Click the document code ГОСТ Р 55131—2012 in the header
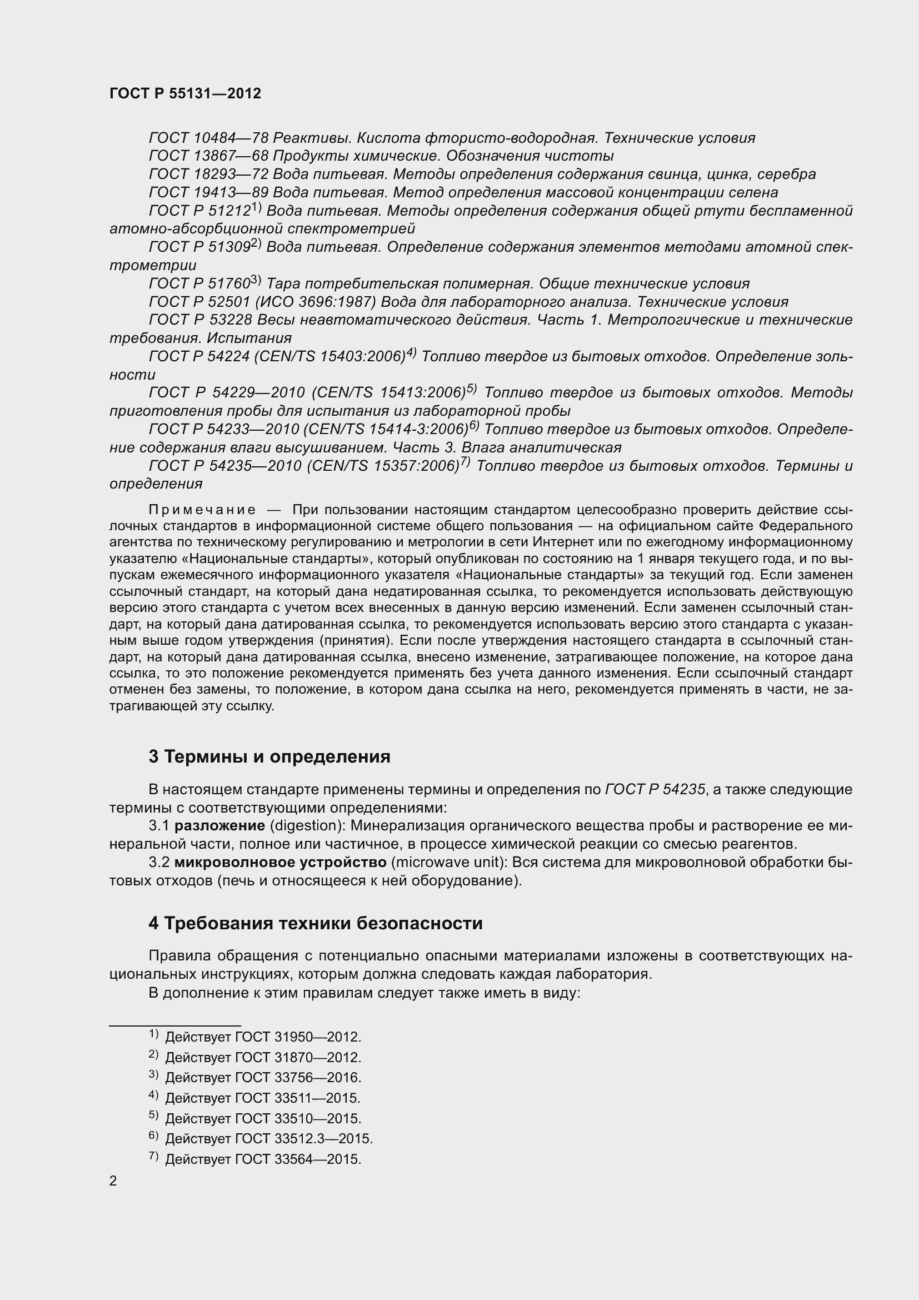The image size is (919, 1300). (185, 94)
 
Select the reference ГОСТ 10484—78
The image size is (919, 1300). (208, 138)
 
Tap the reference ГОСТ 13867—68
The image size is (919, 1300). (208, 156)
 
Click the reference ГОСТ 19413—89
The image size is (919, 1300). (208, 192)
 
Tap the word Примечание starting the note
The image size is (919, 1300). (202, 510)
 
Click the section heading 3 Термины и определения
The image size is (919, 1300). (269, 757)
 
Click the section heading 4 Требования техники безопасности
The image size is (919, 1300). (315, 924)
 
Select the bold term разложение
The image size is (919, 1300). (219, 826)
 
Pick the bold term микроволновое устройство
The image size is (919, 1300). (280, 863)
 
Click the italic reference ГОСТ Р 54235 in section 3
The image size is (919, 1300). (655, 790)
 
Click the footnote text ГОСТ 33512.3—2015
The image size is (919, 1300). (304, 1139)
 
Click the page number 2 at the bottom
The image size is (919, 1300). (113, 1181)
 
